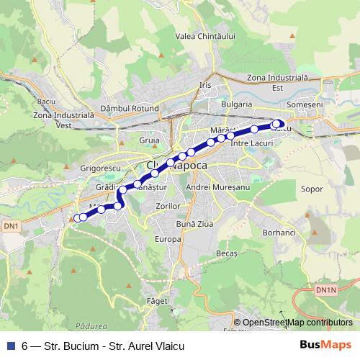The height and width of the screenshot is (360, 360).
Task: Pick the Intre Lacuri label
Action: pos(248,144)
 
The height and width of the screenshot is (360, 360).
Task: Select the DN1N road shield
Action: pos(325,289)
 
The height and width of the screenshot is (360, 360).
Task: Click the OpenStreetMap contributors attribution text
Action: pos(297,322)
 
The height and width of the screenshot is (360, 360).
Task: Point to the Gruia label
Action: pos(150,140)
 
